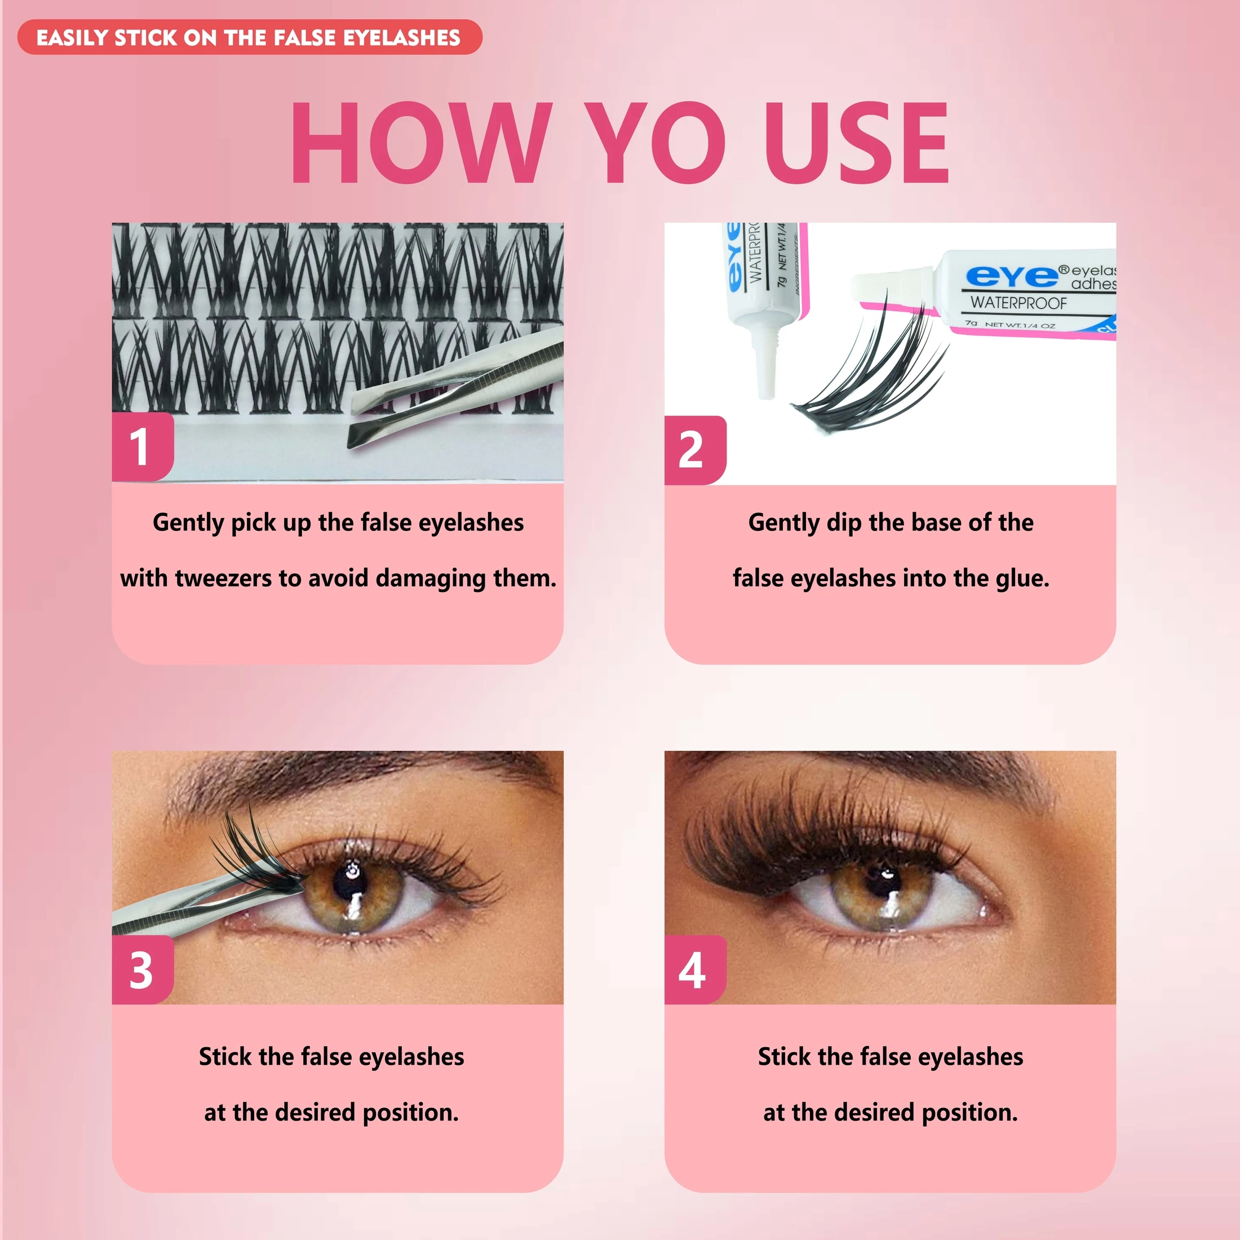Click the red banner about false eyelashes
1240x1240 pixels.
(x=249, y=37)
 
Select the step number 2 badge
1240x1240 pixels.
(x=693, y=449)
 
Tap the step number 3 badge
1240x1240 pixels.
(x=141, y=970)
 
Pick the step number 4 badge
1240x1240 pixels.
(x=693, y=970)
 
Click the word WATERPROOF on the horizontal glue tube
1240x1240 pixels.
(x=1018, y=302)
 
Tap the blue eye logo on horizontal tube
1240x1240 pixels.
(x=1012, y=276)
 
